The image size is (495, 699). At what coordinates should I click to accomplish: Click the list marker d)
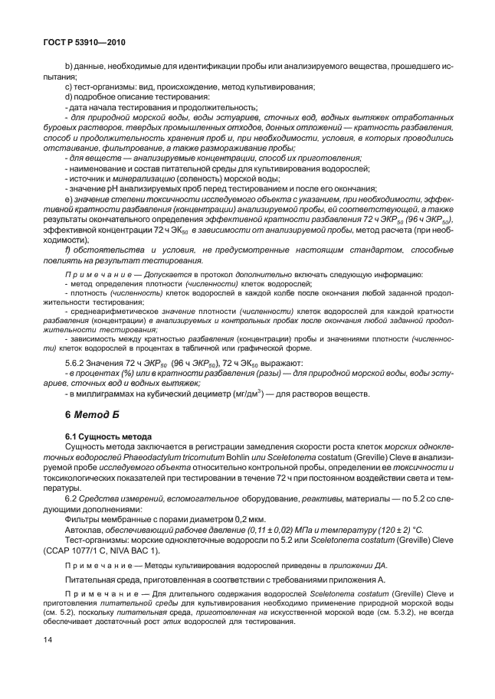coord(69,97)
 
